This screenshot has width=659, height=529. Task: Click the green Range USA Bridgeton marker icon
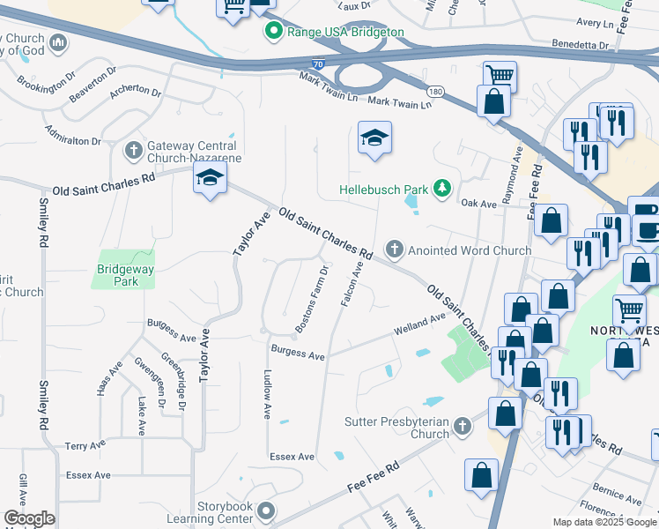tap(274, 33)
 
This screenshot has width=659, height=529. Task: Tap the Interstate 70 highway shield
tap(318, 64)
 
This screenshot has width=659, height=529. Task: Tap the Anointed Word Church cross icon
tap(395, 250)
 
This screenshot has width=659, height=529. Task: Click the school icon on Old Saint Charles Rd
tap(211, 178)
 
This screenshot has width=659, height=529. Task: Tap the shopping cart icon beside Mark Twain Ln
tap(500, 76)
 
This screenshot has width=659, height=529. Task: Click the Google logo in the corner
tap(29, 518)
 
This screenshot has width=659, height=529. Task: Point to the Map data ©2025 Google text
tap(604, 522)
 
